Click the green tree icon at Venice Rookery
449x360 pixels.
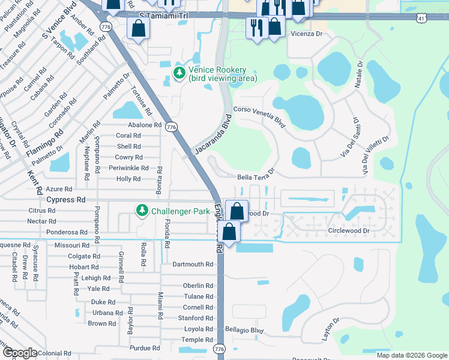(x=179, y=73)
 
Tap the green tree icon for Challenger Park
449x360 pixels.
(x=142, y=211)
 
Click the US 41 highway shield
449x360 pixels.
(x=422, y=19)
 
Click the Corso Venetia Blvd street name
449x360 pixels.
(x=259, y=114)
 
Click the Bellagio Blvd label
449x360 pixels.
(x=244, y=330)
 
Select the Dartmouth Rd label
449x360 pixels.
(x=193, y=264)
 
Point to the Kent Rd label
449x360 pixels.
(x=34, y=182)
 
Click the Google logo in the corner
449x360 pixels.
(x=19, y=353)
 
